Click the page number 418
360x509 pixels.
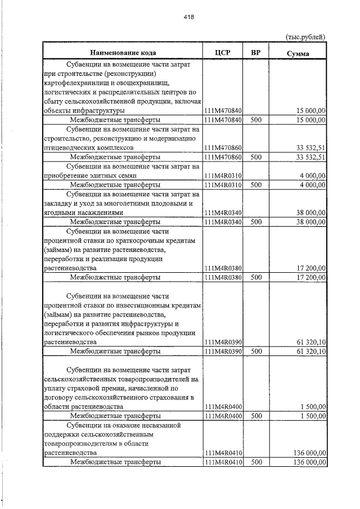click(188, 17)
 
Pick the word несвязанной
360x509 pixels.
click(164, 425)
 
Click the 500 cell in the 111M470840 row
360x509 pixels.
click(256, 120)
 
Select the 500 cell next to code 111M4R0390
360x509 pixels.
click(256, 351)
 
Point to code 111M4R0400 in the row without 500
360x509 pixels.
click(223, 406)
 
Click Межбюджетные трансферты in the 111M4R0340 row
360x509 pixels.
click(115, 222)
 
